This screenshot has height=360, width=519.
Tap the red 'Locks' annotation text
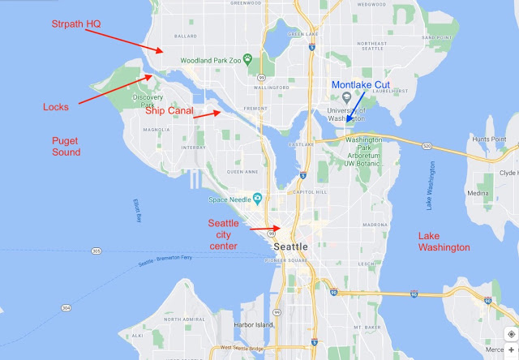[x=56, y=106]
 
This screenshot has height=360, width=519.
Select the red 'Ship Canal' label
[x=168, y=111]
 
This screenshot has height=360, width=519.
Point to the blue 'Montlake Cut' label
[x=363, y=84]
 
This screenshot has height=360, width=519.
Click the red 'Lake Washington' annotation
[x=444, y=241]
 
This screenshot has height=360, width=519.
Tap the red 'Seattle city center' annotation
[x=223, y=234]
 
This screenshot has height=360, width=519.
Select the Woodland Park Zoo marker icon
[x=249, y=60]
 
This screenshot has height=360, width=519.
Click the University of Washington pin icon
[x=347, y=97]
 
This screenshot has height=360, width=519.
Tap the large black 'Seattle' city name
[x=291, y=246]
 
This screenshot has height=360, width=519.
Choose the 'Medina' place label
[x=478, y=193]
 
